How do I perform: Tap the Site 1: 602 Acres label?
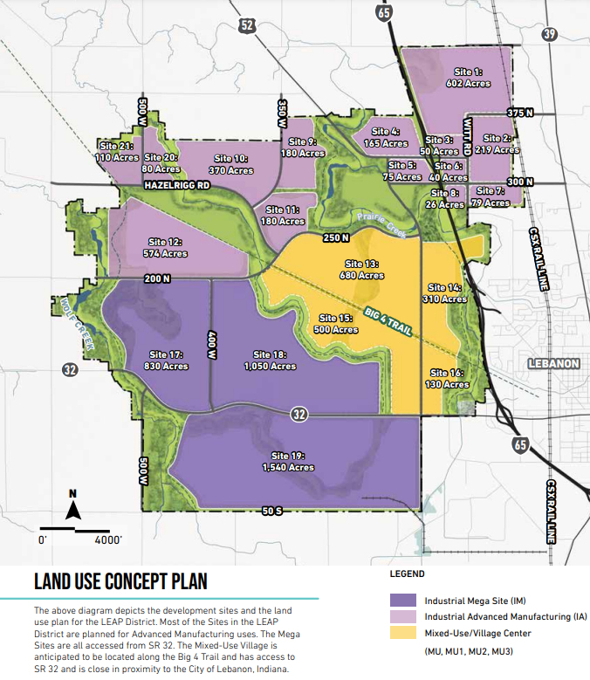[469, 78]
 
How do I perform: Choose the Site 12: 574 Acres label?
[167, 247]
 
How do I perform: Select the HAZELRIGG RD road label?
[178, 186]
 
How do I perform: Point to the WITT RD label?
[469, 137]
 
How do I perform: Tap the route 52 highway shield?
[247, 26]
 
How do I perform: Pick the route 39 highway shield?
[548, 34]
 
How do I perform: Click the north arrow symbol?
[75, 508]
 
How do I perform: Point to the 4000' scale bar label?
[107, 540]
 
